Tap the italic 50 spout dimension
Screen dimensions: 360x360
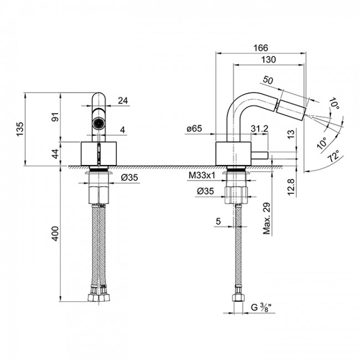[269, 81]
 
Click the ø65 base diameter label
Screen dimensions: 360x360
[194, 129]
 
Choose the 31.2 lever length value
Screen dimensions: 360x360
[259, 129]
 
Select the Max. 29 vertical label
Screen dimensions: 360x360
[266, 219]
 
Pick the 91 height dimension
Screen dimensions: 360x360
[54, 119]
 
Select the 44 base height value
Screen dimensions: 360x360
[54, 154]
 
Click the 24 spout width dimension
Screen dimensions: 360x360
[123, 100]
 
